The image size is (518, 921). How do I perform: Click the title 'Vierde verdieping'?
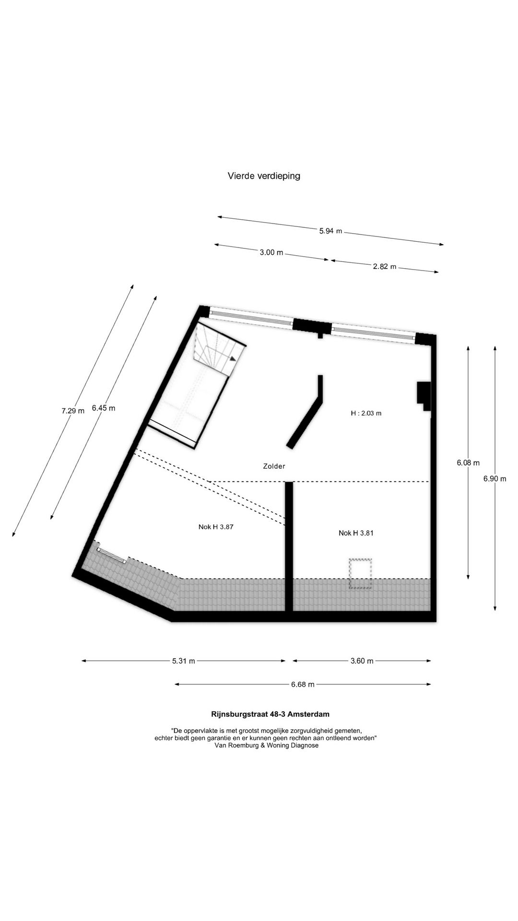point(264,176)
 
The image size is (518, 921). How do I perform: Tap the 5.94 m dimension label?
point(331,231)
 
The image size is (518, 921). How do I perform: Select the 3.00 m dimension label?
point(271,252)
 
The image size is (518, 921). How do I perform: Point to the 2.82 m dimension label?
point(385,267)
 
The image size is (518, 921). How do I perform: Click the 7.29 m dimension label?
point(73,411)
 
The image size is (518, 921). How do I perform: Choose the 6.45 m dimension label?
point(104,408)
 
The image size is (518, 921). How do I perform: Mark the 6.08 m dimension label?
point(468,463)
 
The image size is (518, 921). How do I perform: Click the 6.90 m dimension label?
point(495,478)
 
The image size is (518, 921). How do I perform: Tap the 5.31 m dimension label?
point(184,661)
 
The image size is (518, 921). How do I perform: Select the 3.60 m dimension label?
point(362,661)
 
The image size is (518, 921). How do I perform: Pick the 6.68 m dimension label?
point(303,685)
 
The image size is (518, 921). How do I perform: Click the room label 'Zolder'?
point(274,466)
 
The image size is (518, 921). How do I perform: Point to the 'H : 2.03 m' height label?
point(366,413)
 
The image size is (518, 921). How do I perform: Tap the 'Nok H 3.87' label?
point(216,527)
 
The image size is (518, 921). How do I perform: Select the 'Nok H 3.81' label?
point(356,533)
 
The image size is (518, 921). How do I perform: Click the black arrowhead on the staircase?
point(233,358)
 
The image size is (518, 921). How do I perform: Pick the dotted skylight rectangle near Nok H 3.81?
point(361,574)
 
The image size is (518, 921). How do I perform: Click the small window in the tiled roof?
point(112,555)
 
